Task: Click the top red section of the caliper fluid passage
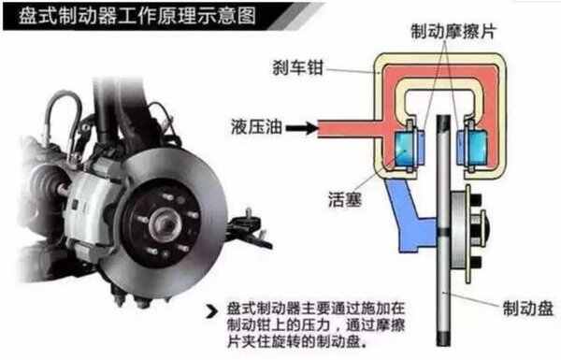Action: (439, 70)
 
